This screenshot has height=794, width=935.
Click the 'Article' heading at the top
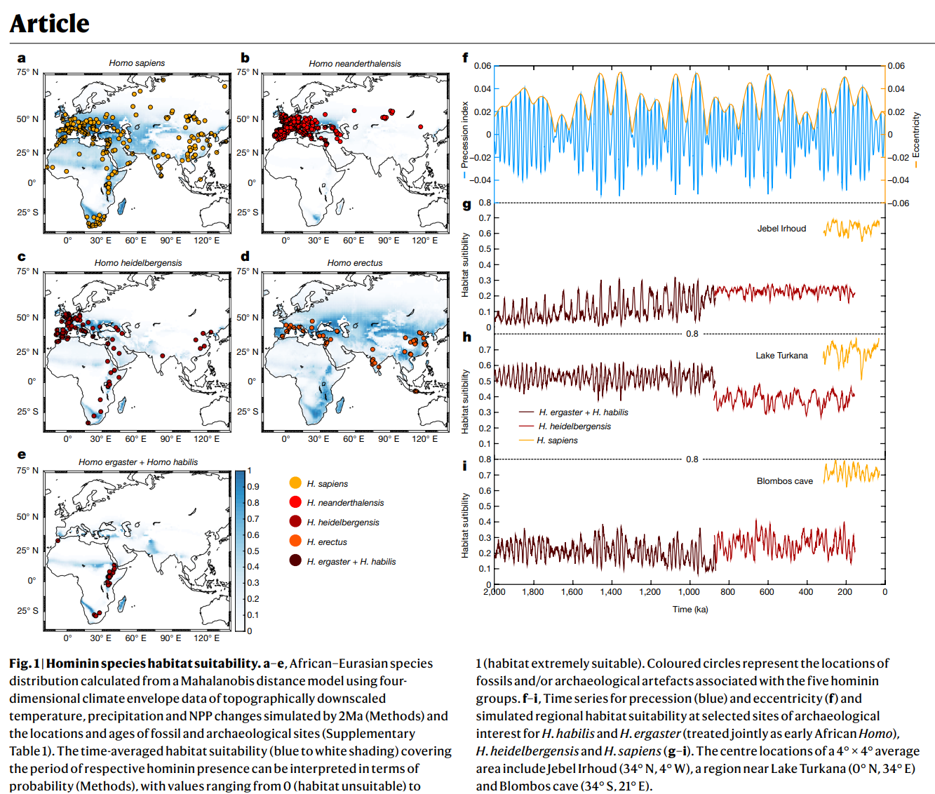click(x=49, y=24)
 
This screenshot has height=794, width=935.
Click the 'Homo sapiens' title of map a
click(x=137, y=63)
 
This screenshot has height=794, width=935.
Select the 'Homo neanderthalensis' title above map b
click(x=355, y=64)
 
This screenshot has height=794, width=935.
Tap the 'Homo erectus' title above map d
click(x=355, y=263)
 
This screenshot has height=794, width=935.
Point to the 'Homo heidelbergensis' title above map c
click(x=138, y=263)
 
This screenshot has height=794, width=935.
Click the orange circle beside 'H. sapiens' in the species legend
click(x=295, y=483)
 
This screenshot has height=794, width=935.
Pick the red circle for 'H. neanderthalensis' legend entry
click(x=295, y=502)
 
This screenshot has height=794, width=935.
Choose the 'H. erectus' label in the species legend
click(x=327, y=542)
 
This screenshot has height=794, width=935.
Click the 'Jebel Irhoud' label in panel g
click(x=781, y=229)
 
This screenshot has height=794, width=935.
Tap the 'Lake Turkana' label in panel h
click(x=781, y=356)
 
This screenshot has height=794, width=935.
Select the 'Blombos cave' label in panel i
click(x=784, y=481)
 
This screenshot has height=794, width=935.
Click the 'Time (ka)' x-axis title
click(x=690, y=610)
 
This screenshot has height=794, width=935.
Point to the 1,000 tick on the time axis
click(x=689, y=592)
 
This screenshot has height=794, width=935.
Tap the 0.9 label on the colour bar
click(x=253, y=487)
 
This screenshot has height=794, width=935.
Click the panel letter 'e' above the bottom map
click(x=22, y=455)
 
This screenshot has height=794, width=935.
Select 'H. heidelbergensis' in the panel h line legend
click(x=574, y=426)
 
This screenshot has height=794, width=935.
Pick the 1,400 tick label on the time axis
click(x=611, y=592)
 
